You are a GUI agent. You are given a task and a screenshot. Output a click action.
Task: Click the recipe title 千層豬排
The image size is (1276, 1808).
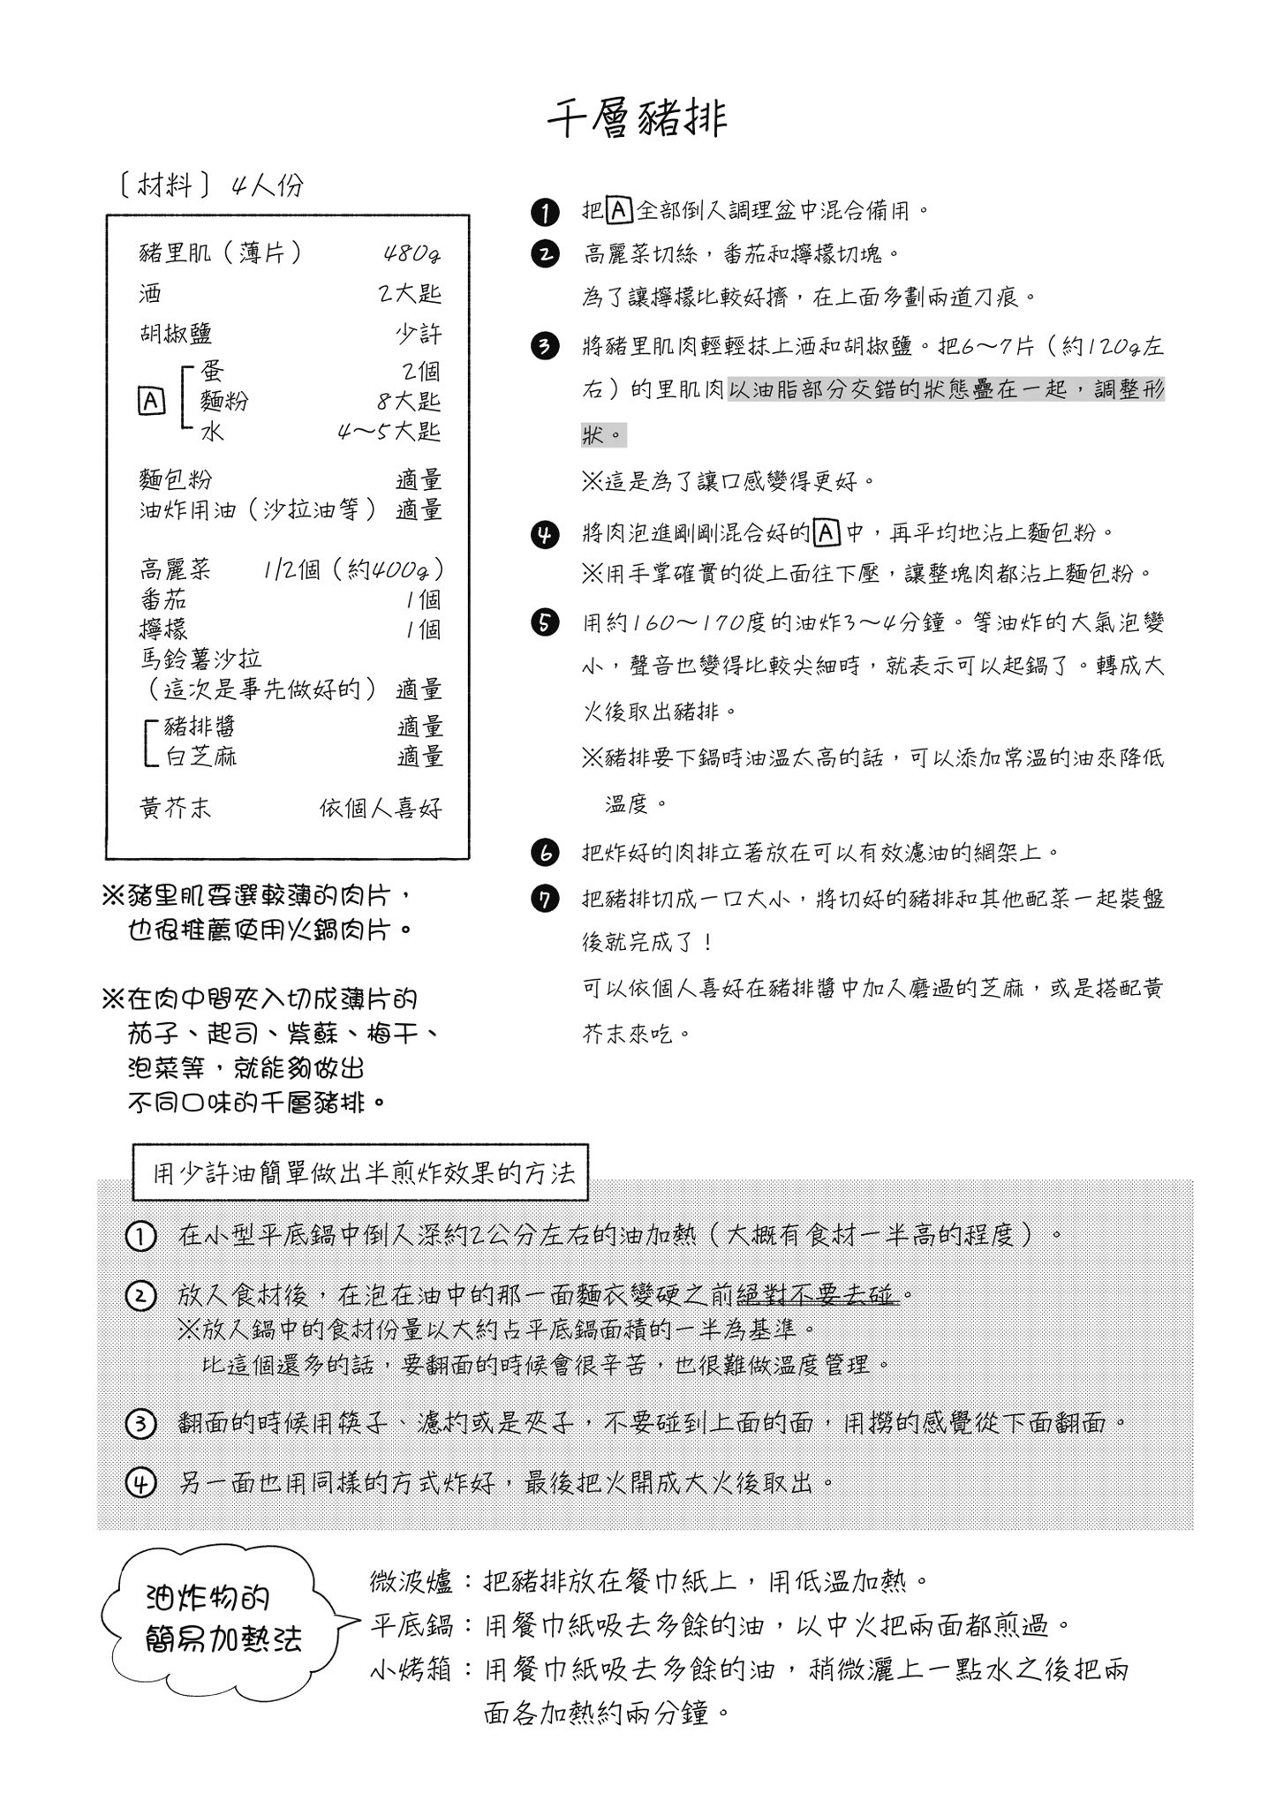(637, 118)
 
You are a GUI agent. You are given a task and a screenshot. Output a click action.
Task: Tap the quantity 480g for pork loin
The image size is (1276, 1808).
(411, 253)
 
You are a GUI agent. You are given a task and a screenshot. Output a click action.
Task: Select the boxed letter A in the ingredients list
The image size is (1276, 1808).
(151, 402)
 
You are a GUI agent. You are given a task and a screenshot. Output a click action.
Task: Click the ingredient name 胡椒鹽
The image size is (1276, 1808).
(176, 334)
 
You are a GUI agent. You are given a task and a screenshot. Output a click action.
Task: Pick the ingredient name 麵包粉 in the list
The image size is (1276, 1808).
(176, 480)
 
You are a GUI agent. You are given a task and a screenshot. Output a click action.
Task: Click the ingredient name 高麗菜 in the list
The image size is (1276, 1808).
(176, 569)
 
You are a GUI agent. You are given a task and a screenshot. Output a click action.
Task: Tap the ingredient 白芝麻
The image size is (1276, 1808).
(201, 757)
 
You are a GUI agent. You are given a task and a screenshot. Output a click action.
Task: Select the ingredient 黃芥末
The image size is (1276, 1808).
(176, 808)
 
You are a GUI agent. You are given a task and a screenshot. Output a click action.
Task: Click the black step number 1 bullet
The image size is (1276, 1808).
(545, 213)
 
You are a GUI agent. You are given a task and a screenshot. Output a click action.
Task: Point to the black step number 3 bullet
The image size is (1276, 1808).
(545, 346)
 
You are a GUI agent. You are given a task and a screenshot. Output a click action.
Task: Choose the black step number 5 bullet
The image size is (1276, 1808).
(545, 622)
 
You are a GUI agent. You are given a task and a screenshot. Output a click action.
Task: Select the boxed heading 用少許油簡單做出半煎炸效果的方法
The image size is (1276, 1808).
(360, 1173)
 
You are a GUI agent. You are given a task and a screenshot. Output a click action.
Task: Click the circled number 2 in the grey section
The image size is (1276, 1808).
(141, 1296)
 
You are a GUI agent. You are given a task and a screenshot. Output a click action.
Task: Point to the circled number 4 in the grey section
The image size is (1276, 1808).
(141, 1482)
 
